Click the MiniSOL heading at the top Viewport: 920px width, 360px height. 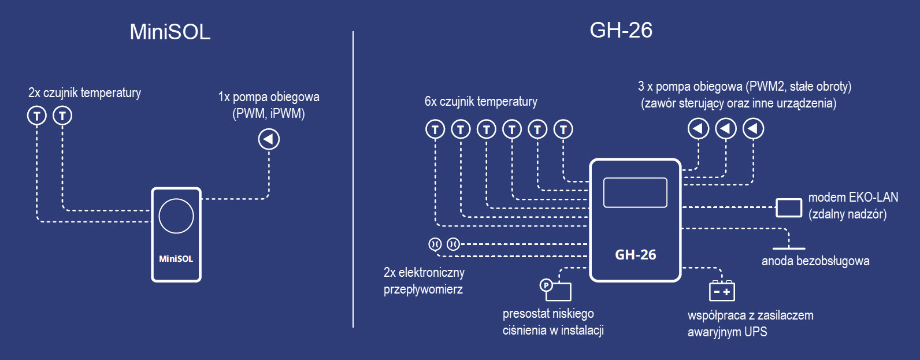[170, 32]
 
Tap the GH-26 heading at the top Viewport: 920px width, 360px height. [621, 30]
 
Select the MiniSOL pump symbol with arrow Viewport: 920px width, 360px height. [269, 139]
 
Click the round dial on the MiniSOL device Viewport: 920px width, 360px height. [176, 216]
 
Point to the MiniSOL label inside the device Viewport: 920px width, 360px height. [176, 259]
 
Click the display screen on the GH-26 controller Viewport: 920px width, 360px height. [635, 192]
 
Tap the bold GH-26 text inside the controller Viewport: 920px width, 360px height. [635, 255]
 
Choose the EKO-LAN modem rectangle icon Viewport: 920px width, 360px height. [788, 207]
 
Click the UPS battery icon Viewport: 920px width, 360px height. [722, 291]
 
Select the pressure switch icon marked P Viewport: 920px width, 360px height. [546, 285]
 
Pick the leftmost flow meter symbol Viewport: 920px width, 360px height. [435, 244]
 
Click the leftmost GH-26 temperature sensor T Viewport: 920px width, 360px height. [435, 129]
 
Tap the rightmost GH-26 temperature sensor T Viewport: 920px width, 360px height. [563, 129]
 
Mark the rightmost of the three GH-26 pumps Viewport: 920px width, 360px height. [753, 128]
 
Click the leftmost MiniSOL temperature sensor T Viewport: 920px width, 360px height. [37, 116]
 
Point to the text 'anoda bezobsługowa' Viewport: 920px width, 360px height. [815, 261]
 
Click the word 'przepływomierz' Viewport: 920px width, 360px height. [423, 290]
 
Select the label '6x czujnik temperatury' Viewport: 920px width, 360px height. [481, 102]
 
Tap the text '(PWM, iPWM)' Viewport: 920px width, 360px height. [268, 113]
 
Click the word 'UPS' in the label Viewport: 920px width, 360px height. [755, 332]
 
